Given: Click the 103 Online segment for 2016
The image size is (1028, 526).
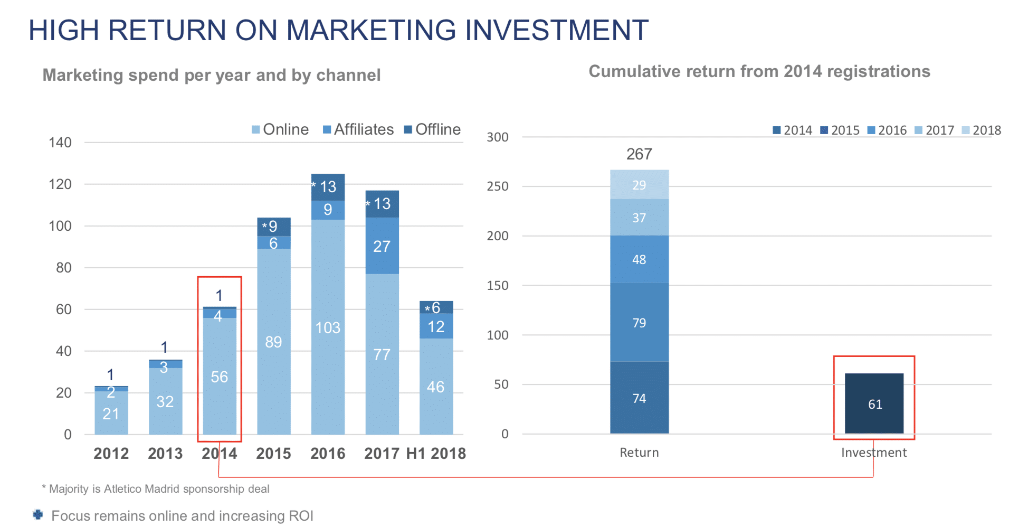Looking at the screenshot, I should point(328,327).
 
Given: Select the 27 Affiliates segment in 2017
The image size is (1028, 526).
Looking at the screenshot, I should point(382,246).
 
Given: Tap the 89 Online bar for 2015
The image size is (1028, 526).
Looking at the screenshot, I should point(273,342).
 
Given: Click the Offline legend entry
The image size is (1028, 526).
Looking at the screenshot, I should point(432,129).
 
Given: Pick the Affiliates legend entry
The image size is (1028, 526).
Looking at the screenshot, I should point(358,129).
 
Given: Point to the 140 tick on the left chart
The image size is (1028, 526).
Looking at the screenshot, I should point(60,143).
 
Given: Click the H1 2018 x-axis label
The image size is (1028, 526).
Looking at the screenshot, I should point(436,454).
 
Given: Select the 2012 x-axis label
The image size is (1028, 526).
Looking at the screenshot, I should point(111,454).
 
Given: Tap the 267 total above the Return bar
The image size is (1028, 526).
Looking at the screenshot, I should point(639,154).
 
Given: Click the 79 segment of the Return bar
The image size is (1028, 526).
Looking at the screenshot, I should point(639,323).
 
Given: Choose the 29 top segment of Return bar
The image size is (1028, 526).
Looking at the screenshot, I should point(639,185).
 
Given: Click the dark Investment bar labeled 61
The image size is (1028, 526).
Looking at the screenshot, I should point(874,404).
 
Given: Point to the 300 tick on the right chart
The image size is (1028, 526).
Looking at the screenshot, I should point(498,137).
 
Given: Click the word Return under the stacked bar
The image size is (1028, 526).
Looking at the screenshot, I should point(639,453).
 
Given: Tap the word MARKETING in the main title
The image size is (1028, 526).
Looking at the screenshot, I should point(370,30).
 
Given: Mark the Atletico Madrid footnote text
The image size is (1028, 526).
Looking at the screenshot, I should point(159,489).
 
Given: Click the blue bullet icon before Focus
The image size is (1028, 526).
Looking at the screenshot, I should point(38,515).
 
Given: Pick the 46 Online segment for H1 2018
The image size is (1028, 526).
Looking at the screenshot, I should point(436,387).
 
